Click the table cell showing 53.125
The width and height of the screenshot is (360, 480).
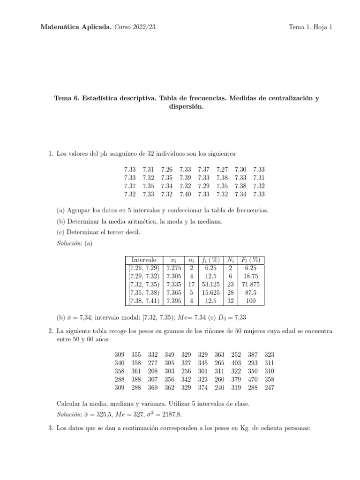point(211,285)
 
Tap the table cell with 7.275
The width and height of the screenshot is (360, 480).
point(174,268)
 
